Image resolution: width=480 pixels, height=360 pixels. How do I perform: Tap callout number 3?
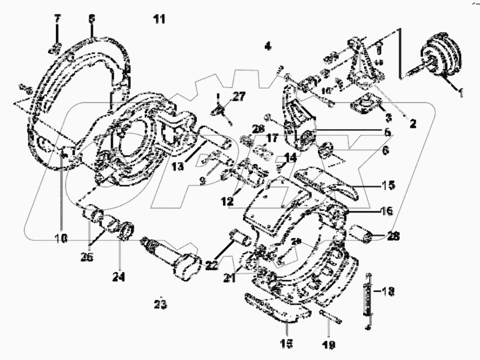point(388,118)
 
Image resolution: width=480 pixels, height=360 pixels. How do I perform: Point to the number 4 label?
point(268,46)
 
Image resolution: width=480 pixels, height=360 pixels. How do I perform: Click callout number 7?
point(57,20)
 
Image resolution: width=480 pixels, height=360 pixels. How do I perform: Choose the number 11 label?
point(160,20)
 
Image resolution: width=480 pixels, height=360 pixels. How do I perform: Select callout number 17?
point(272,137)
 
